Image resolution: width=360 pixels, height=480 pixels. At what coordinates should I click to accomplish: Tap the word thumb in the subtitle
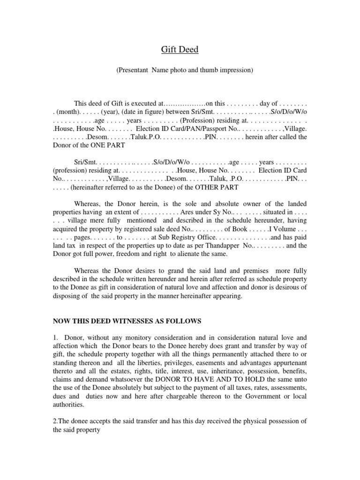point(209,70)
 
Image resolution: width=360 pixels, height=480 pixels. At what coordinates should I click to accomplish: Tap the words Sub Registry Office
point(182,238)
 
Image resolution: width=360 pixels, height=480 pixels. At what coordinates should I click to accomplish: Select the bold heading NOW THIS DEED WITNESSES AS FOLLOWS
point(127,321)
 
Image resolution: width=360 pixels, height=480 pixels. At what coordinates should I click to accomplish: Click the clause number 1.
point(55,337)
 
